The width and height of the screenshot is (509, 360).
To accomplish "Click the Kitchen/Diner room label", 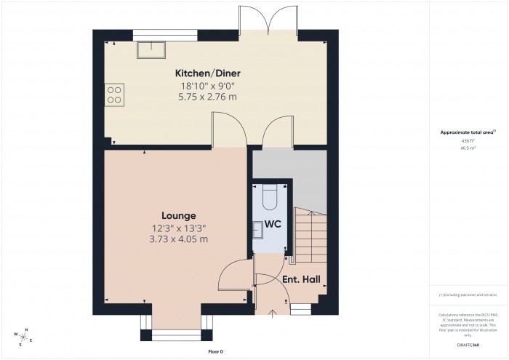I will [x=207, y=73].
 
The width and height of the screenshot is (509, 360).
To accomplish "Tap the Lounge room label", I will [x=178, y=215].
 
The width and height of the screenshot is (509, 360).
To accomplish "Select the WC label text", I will [x=273, y=224].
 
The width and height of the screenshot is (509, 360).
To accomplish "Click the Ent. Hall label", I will [x=301, y=279].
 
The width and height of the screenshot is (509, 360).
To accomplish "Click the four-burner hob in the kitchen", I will [x=114, y=95].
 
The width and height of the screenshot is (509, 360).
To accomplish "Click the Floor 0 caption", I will [x=216, y=351].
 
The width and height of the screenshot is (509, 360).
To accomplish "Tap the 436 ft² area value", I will [x=468, y=140].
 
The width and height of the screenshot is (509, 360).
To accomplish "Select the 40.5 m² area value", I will [x=468, y=148].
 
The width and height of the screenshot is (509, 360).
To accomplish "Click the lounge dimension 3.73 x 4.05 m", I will [x=178, y=239].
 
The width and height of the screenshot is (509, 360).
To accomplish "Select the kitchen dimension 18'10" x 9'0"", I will [x=207, y=86].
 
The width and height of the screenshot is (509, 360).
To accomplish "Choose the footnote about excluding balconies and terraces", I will [x=468, y=295].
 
